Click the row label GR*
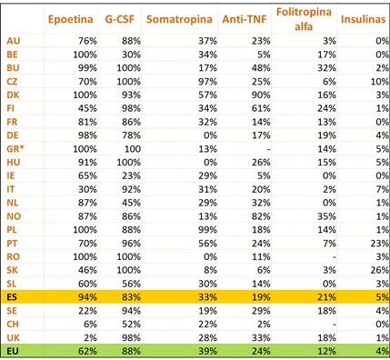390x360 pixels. [x=15, y=147]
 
